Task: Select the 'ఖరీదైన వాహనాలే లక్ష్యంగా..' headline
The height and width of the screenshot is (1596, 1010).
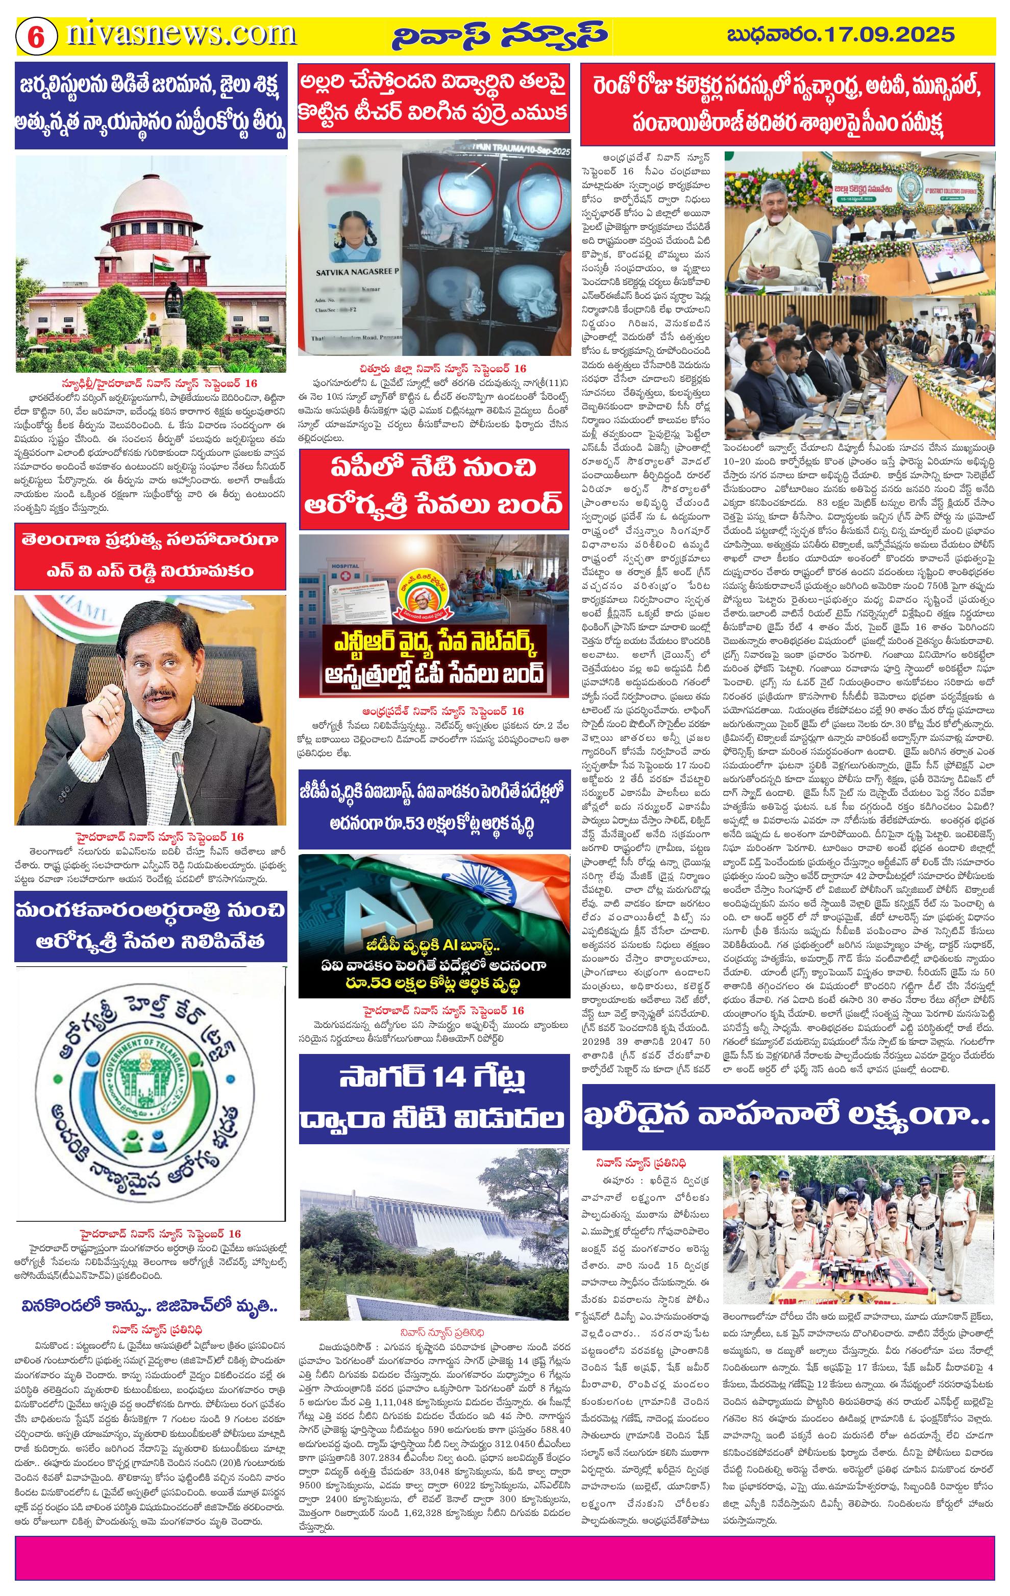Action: [x=787, y=1117]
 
